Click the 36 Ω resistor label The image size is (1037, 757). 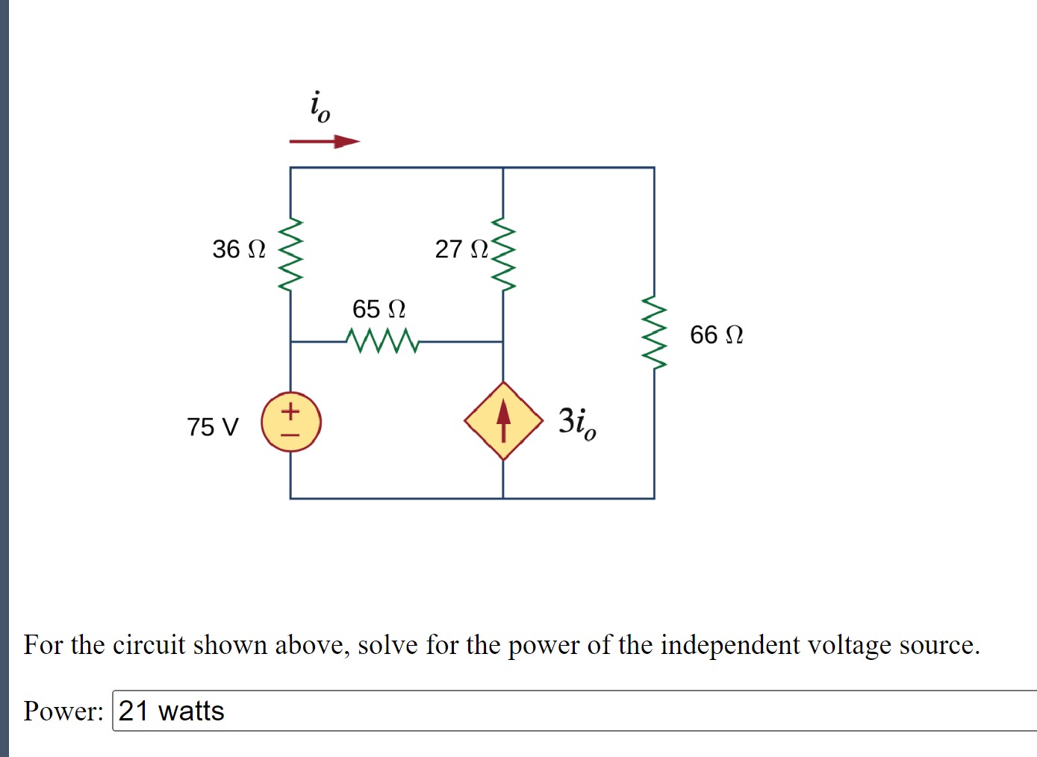point(238,249)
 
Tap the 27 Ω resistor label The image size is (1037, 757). point(461,249)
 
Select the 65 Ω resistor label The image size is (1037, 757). point(379,308)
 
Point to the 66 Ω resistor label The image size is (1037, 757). point(716,334)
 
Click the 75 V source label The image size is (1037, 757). point(213,427)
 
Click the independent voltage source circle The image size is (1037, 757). point(291,422)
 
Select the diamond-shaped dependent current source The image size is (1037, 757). point(503,421)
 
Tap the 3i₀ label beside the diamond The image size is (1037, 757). point(577,423)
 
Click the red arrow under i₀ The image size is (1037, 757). point(324,141)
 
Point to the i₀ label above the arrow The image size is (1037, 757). point(320,106)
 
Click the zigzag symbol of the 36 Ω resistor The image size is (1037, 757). point(290,255)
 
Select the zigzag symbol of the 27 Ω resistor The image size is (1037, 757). point(503,254)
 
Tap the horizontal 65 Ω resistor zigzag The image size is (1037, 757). point(382,341)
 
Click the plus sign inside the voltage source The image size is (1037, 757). point(290,410)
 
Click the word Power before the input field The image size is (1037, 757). point(63,711)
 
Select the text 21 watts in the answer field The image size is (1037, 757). point(171,711)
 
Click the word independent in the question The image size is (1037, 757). point(729,644)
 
